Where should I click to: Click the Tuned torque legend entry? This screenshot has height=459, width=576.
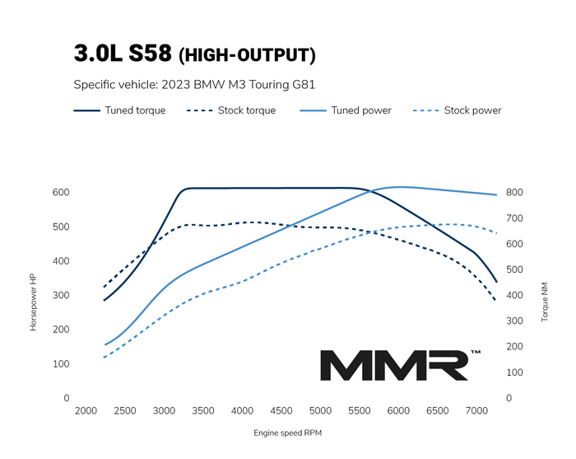[120, 110]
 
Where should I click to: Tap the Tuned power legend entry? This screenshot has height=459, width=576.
[346, 110]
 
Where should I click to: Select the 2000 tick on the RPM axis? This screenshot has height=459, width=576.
[86, 411]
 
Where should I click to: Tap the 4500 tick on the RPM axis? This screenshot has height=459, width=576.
[282, 411]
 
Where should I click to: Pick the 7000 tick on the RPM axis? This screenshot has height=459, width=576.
[478, 411]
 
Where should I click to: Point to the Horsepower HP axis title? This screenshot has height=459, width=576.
[34, 302]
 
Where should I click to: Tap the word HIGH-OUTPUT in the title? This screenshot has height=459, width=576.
[247, 56]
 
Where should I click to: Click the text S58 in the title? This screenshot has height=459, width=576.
[147, 54]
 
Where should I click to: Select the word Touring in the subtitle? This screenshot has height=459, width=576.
[258, 84]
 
